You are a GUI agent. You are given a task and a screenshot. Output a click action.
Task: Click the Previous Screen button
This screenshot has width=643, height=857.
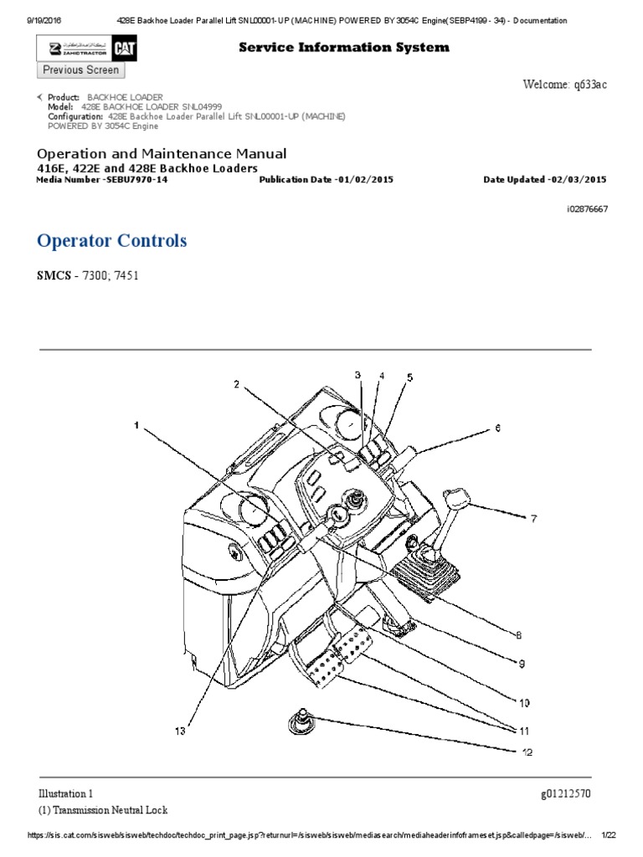pyautogui.click(x=81, y=70)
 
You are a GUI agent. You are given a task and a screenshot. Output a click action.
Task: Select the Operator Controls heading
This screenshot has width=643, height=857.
pyautogui.click(x=112, y=241)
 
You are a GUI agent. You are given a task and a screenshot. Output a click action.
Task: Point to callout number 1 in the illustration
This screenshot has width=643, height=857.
pyautogui.click(x=136, y=426)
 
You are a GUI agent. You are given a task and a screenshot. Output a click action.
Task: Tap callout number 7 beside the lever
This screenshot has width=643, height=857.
pyautogui.click(x=530, y=519)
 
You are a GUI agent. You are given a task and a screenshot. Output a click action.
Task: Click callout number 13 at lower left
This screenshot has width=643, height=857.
pyautogui.click(x=180, y=731)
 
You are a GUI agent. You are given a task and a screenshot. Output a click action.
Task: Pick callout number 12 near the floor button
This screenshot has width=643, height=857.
pyautogui.click(x=527, y=752)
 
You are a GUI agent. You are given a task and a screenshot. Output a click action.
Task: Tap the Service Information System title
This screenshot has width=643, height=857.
pyautogui.click(x=343, y=47)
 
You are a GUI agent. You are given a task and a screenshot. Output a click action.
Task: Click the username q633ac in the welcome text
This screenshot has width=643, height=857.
pyautogui.click(x=587, y=85)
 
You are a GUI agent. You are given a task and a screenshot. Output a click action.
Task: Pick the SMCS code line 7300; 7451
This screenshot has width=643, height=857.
pyautogui.click(x=104, y=275)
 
